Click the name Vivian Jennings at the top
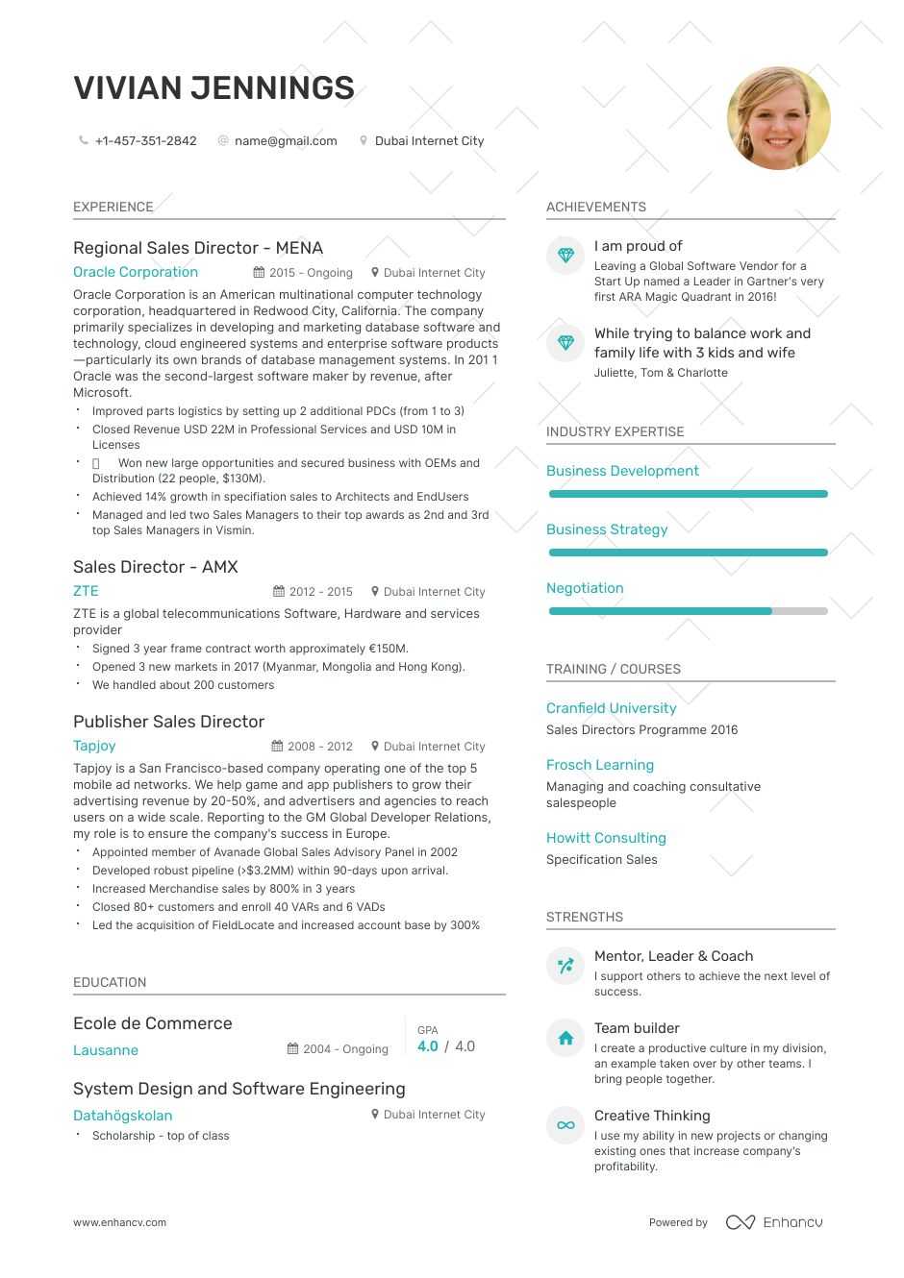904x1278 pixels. pyautogui.click(x=213, y=88)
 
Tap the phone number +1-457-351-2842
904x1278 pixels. pyautogui.click(x=145, y=141)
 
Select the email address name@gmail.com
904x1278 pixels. pyautogui.click(x=286, y=141)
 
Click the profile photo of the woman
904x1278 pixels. pyautogui.click(x=778, y=118)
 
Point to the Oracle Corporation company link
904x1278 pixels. pyautogui.click(x=136, y=272)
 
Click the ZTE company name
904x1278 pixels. pyautogui.click(x=86, y=591)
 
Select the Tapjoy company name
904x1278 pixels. pyautogui.click(x=94, y=746)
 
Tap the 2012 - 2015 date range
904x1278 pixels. pyautogui.click(x=320, y=592)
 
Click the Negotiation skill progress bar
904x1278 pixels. pyautogui.click(x=688, y=611)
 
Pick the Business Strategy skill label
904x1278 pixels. pyautogui.click(x=607, y=529)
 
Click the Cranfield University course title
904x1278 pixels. pyautogui.click(x=611, y=708)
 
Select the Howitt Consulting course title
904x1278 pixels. pyautogui.click(x=606, y=838)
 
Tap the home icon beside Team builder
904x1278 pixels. pyautogui.click(x=565, y=1038)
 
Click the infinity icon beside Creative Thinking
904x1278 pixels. pyautogui.click(x=565, y=1125)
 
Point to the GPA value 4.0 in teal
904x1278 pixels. pyautogui.click(x=428, y=1046)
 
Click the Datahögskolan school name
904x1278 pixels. pyautogui.click(x=123, y=1116)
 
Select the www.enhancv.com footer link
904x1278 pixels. pyautogui.click(x=119, y=1222)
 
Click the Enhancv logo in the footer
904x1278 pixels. pyautogui.click(x=774, y=1222)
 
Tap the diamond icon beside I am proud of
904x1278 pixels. pyautogui.click(x=565, y=256)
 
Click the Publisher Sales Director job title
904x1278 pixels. pyautogui.click(x=168, y=722)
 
